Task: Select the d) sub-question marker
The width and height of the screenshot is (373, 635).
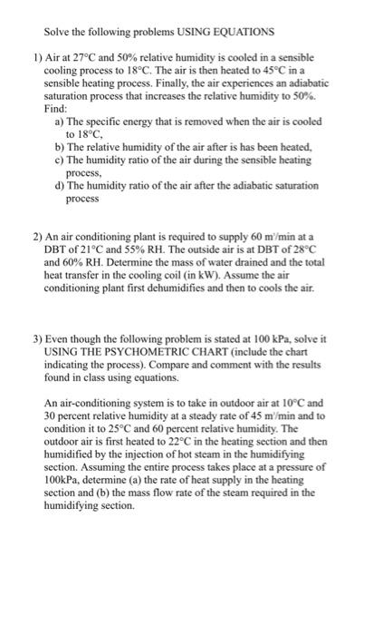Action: (x=60, y=184)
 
